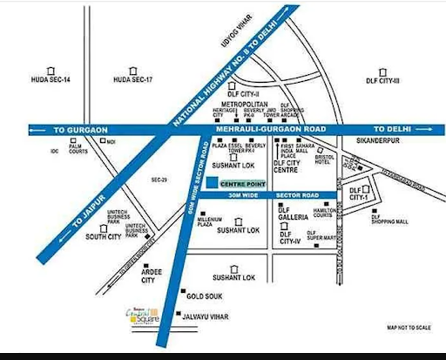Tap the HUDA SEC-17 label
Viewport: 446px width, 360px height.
(x=133, y=81)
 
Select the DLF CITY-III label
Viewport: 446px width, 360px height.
(x=383, y=81)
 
